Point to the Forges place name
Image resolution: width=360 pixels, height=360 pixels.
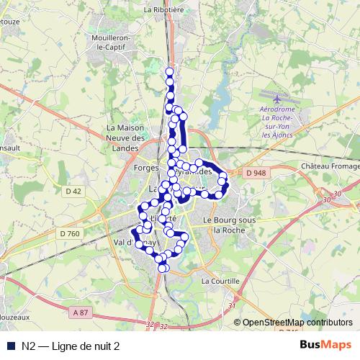(x=146, y=168)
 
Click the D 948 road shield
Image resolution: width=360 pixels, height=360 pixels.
(x=255, y=173)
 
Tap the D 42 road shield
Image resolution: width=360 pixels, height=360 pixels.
(x=73, y=191)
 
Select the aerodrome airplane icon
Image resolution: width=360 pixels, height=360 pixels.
(x=279, y=98)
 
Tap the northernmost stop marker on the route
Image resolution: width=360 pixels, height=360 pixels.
(x=170, y=71)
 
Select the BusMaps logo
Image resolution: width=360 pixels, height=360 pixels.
(x=325, y=346)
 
